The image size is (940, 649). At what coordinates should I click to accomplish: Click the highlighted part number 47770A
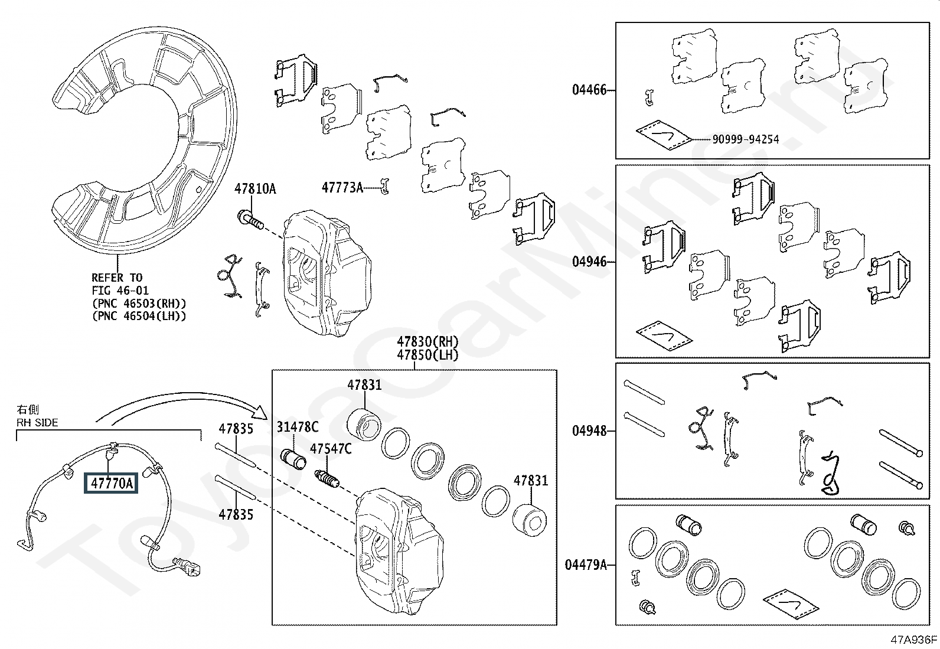[x=111, y=483]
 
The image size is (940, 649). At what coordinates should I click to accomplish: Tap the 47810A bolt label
[x=255, y=189]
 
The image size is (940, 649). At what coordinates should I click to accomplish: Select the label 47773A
[x=342, y=187]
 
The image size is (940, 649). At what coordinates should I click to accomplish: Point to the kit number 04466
[x=589, y=89]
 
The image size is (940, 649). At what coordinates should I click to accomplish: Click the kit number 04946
[x=589, y=262]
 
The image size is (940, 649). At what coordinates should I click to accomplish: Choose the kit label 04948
[x=589, y=431]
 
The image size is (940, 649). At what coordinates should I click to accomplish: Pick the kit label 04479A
[x=586, y=565]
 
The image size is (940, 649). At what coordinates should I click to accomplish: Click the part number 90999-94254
[x=746, y=139]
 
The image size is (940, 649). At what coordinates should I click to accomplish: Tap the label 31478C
[x=298, y=427]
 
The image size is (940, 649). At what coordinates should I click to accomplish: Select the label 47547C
[x=331, y=449]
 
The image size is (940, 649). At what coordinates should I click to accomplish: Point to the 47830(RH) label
[x=427, y=341]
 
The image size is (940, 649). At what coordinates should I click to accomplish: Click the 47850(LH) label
[x=427, y=355]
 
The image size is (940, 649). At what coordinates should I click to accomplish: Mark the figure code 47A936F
[x=913, y=640]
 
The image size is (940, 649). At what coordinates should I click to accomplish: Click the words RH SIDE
[x=37, y=422]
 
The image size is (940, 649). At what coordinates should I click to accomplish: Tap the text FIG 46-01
[x=120, y=290]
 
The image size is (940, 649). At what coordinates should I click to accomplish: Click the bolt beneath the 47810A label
[x=250, y=220]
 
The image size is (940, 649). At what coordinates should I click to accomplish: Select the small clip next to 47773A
[x=384, y=187]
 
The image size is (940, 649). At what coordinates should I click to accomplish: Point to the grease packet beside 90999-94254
[x=663, y=135]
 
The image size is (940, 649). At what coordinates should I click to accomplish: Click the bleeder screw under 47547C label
[x=327, y=478]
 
